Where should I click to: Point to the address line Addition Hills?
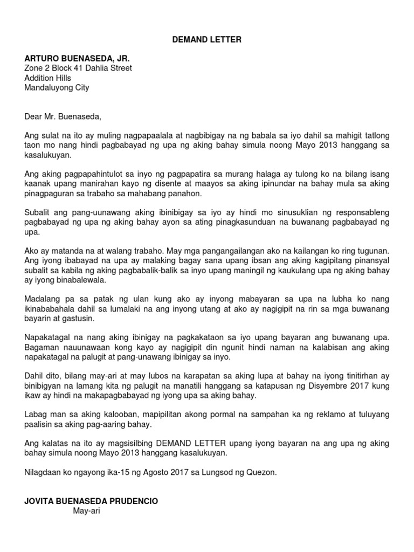click(x=48, y=78)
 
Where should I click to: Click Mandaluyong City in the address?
click(x=57, y=87)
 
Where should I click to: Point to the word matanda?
click(x=67, y=251)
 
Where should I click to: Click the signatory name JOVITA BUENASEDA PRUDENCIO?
click(x=92, y=501)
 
